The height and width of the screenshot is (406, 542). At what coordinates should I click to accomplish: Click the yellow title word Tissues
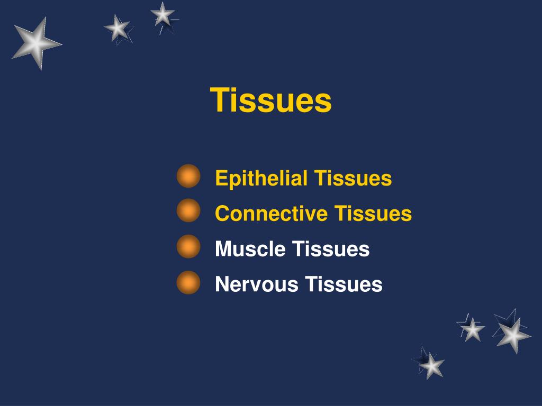pos(271,100)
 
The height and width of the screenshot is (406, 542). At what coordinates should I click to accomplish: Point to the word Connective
pos(272,214)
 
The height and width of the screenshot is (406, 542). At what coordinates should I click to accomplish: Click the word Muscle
pos(250,249)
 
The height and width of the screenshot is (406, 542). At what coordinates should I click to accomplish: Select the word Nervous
pos(257,284)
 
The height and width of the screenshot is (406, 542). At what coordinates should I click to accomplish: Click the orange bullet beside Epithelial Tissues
pos(188,176)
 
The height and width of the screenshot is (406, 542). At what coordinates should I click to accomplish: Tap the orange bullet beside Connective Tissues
pos(188,211)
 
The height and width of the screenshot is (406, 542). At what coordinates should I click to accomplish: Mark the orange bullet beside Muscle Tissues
pos(188,247)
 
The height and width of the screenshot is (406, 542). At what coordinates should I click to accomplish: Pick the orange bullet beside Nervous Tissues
pos(188,282)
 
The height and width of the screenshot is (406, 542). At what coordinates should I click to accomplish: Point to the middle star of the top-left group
pos(118,27)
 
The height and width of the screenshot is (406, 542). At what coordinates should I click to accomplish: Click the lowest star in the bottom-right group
pos(431,365)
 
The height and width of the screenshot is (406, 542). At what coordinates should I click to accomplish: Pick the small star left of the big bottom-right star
pos(472,329)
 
